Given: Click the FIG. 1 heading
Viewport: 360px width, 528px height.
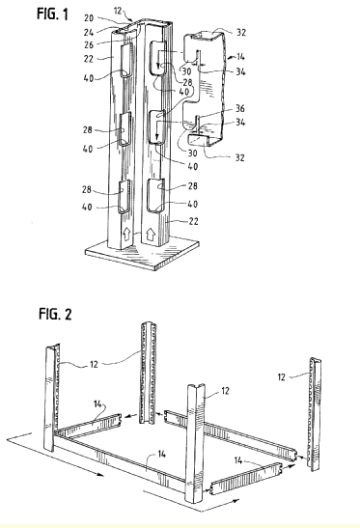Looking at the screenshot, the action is pyautogui.click(x=52, y=14).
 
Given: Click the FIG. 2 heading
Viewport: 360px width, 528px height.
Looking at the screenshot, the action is pyautogui.click(x=55, y=314).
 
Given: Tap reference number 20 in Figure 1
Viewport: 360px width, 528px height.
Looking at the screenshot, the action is pyautogui.click(x=89, y=17).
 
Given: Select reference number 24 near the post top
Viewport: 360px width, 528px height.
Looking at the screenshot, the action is pyautogui.click(x=89, y=32).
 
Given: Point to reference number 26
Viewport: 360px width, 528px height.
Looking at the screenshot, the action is pyautogui.click(x=89, y=44).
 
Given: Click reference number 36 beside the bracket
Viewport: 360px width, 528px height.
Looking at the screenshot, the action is pyautogui.click(x=239, y=108).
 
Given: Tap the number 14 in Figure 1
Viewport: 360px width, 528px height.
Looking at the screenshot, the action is pyautogui.click(x=240, y=57).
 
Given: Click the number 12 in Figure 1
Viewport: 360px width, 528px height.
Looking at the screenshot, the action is pyautogui.click(x=118, y=11).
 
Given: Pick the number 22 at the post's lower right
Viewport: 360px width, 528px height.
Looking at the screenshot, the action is pyautogui.click(x=193, y=221).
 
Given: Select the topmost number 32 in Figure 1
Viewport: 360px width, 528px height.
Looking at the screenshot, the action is pyautogui.click(x=241, y=32).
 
